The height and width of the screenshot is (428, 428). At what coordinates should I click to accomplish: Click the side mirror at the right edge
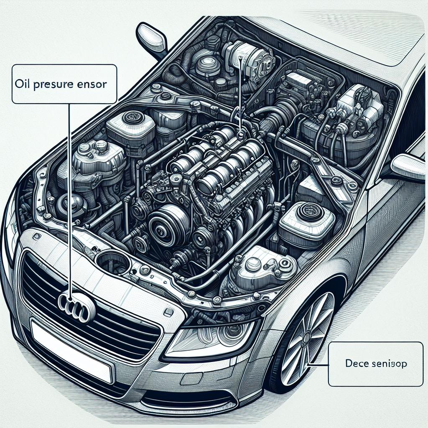(x=410, y=166)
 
